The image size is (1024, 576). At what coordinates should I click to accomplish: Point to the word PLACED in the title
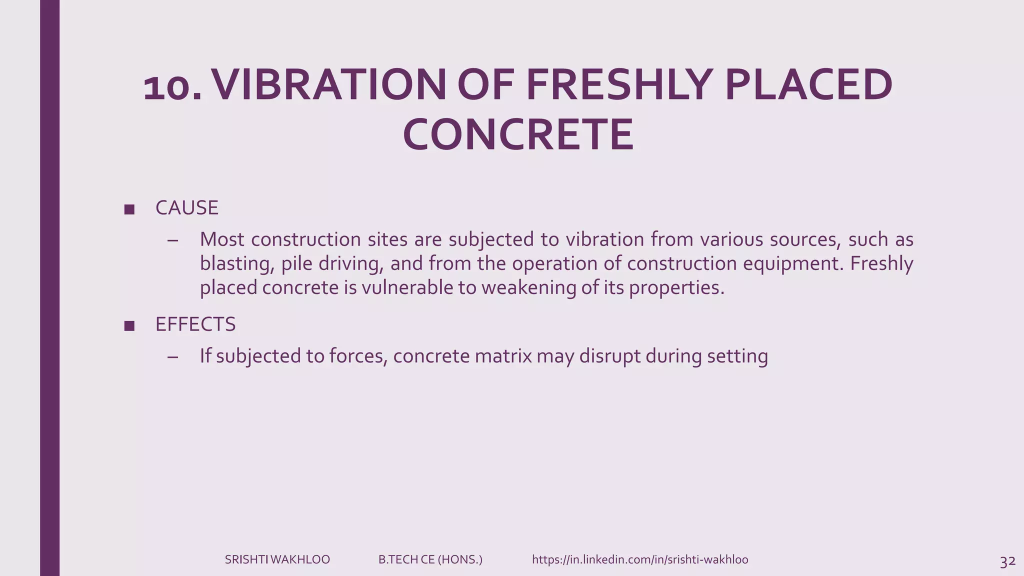click(x=808, y=85)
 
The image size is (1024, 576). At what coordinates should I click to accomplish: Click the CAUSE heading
click(x=186, y=208)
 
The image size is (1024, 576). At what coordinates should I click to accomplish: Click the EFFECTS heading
click(x=195, y=324)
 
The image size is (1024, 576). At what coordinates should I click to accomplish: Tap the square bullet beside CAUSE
click(x=129, y=209)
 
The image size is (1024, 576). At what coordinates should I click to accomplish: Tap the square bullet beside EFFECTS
click(x=129, y=326)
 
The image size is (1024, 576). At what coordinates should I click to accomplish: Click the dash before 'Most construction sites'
click(x=173, y=240)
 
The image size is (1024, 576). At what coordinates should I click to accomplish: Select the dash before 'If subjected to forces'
click(x=173, y=357)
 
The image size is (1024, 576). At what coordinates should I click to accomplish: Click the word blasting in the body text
click(x=236, y=264)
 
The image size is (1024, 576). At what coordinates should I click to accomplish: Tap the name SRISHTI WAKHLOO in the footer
click(x=277, y=559)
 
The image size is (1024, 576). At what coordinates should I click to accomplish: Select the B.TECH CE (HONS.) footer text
click(x=430, y=559)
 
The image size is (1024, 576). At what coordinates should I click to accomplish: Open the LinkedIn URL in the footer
click(x=640, y=559)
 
